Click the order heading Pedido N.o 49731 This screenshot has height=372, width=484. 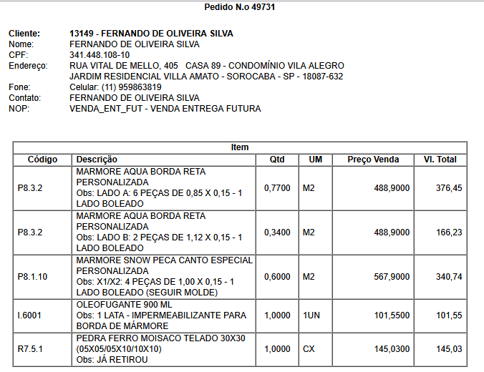[x=240, y=7]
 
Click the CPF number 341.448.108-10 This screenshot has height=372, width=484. [x=100, y=55]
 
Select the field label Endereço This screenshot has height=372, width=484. [x=27, y=66]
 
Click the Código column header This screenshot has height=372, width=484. [x=42, y=160]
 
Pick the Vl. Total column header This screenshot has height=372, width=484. [x=440, y=160]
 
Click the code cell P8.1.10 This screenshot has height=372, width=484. [x=32, y=277]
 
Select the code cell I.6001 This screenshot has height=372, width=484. [x=29, y=315]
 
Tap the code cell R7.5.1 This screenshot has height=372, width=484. [x=30, y=348]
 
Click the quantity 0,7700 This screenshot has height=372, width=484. [x=277, y=188]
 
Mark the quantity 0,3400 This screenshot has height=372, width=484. [x=277, y=232]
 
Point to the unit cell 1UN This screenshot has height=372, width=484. [x=311, y=315]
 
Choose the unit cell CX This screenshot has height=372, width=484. [x=309, y=348]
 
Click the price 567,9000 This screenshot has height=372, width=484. [x=392, y=277]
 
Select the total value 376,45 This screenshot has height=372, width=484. [x=449, y=188]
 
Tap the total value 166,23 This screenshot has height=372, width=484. [x=449, y=232]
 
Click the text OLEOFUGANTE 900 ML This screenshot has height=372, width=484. [x=123, y=305]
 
